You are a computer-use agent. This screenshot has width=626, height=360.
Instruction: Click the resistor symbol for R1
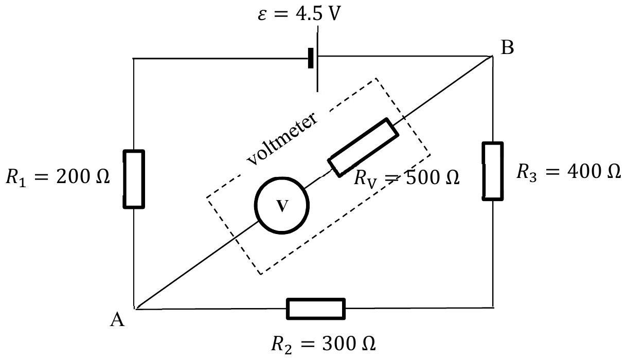(134, 179)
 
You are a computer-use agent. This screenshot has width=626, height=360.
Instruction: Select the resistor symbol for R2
(316, 309)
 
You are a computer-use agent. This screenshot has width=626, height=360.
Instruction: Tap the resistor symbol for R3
(493, 171)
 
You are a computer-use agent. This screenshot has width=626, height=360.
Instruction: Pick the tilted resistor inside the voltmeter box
(363, 148)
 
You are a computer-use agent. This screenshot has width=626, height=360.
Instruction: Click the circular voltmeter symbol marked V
(282, 205)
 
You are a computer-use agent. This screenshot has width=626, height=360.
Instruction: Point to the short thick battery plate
(311, 58)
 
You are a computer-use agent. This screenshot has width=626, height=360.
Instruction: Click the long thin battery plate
(317, 59)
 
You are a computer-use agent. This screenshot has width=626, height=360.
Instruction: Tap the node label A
(117, 319)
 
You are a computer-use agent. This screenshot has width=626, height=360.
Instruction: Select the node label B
(507, 47)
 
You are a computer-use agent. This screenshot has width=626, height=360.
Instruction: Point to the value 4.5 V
(318, 13)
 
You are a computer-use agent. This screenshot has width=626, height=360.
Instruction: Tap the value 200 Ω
(83, 177)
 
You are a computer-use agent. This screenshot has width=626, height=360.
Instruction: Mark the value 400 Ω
(594, 171)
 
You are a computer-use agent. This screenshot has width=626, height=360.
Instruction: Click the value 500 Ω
(433, 177)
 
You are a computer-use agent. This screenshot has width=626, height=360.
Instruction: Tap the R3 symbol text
(527, 172)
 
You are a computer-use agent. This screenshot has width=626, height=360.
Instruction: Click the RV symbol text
(365, 179)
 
